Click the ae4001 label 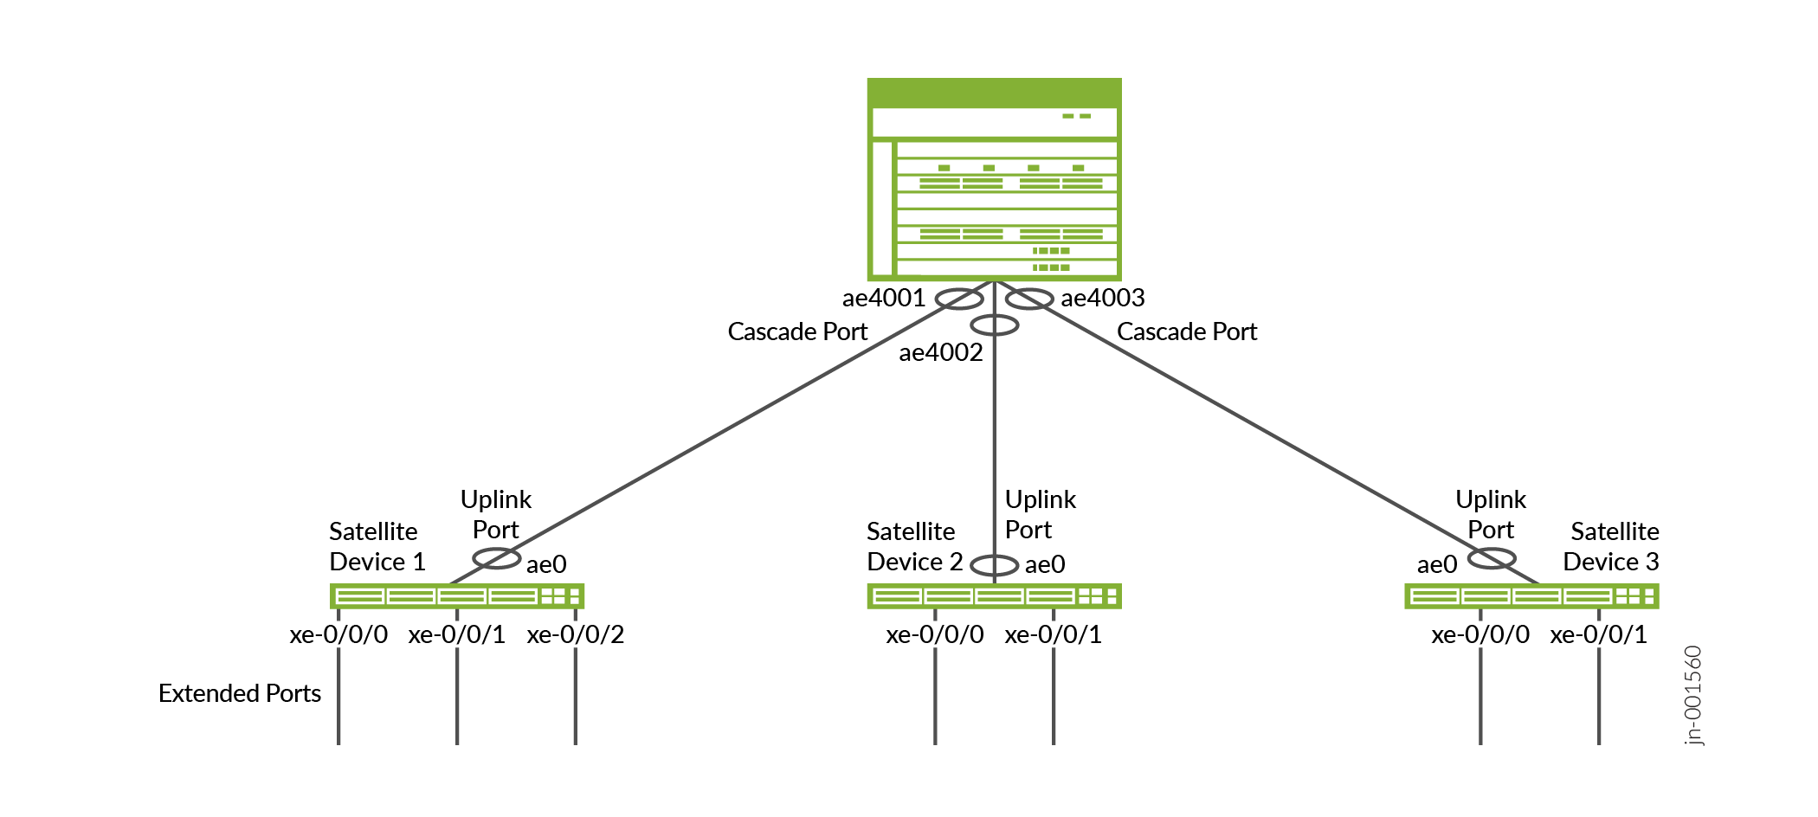tap(883, 299)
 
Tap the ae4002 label tap(940, 353)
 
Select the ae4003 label tap(1102, 299)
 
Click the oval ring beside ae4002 tap(994, 325)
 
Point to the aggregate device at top tap(994, 180)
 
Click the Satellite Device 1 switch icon tap(456, 596)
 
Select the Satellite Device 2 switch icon tap(994, 596)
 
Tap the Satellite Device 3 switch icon tap(1531, 596)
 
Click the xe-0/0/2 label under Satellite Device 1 tap(575, 635)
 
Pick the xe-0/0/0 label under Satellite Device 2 tap(934, 635)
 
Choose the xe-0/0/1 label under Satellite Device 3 tap(1598, 635)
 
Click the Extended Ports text tap(240, 694)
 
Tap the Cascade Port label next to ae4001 tap(797, 332)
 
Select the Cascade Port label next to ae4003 tap(1187, 332)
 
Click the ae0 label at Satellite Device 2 tap(1044, 565)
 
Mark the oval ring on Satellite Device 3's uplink tap(1492, 558)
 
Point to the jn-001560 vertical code tap(1693, 695)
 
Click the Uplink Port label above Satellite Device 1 tap(495, 515)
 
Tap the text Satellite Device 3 tap(1612, 547)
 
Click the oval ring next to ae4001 tap(959, 299)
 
